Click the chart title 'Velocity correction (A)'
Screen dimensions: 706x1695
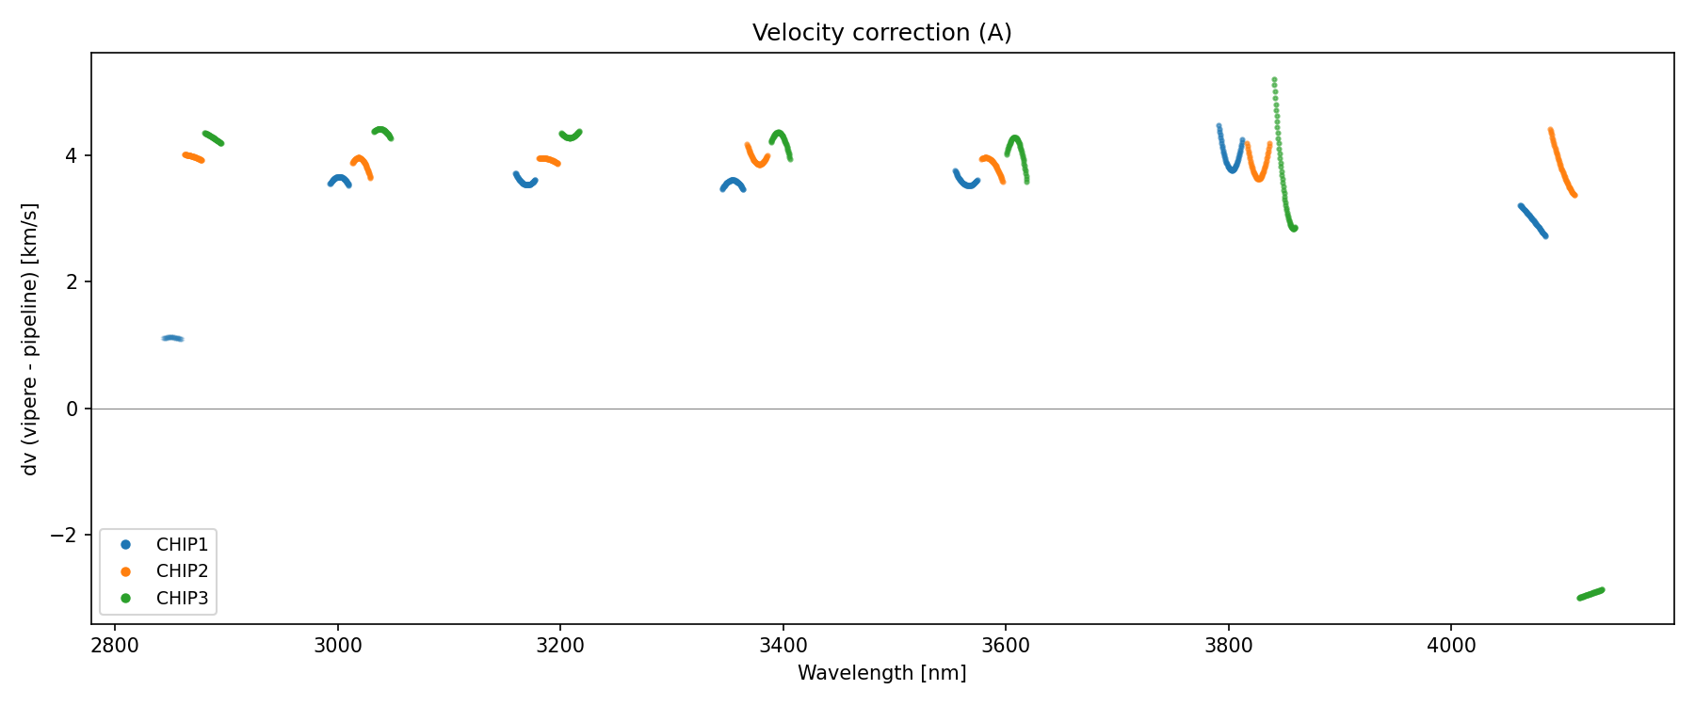pos(881,33)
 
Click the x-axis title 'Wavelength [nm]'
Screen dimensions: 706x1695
pos(881,673)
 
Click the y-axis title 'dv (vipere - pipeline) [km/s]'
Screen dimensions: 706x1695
pos(30,339)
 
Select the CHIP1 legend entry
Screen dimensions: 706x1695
pos(182,545)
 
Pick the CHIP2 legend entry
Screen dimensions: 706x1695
pos(182,571)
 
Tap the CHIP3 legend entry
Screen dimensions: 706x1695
pos(182,598)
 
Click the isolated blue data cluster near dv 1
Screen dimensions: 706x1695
pos(172,338)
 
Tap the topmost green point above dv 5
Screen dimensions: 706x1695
pos(1274,80)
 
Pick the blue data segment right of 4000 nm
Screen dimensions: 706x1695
pos(1533,220)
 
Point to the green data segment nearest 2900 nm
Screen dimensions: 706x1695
pos(213,138)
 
